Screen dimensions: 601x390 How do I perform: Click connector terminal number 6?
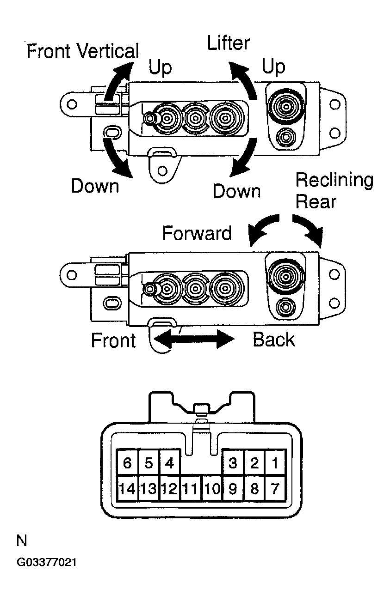pos(128,463)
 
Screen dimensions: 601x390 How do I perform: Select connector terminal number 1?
pos(275,463)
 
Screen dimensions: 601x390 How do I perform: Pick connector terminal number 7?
pos(275,488)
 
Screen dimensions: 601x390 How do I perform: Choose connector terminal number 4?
pos(170,463)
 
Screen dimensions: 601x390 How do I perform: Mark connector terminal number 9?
pos(233,488)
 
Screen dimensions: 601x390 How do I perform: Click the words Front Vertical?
pos(82,51)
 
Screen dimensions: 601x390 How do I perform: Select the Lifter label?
pos(229,43)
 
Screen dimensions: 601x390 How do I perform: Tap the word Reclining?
pos(334,180)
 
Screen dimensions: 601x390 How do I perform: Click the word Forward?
pos(197,233)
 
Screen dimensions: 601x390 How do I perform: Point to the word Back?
pos(273,340)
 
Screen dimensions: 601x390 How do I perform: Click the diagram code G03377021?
pos(46,563)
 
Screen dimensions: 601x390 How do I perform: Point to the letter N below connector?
pos(22,540)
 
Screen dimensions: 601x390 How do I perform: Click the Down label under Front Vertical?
pos(95,186)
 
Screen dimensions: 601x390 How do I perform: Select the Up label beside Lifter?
pos(273,67)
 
